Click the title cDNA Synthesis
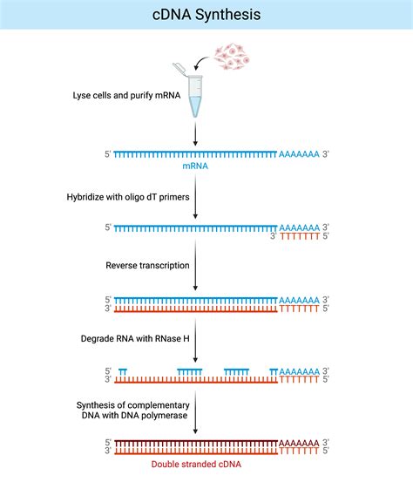pos(206,15)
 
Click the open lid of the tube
pos(180,68)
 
